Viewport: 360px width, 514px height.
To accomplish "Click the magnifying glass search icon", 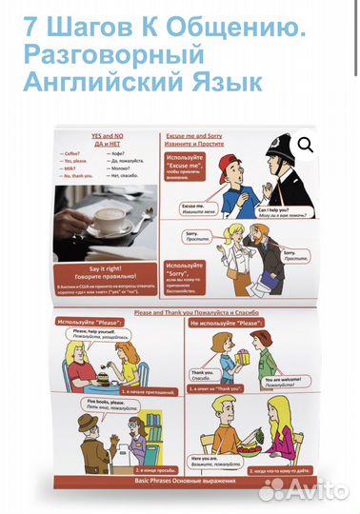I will coord(306,145).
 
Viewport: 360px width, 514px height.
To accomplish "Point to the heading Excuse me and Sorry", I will coord(201,138).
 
